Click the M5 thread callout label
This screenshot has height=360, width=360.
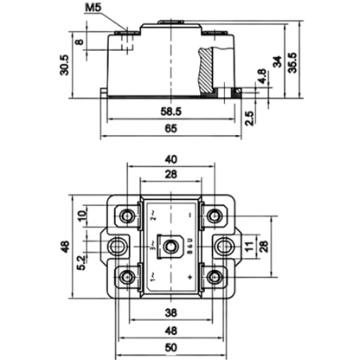(x=93, y=8)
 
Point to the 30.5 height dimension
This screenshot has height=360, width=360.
(x=64, y=65)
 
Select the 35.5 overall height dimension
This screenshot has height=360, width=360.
(x=292, y=62)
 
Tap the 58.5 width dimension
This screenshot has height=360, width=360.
(x=171, y=112)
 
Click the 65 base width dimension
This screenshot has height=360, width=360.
(x=170, y=128)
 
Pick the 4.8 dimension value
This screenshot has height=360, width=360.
(x=261, y=76)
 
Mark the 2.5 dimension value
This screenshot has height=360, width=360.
(x=249, y=118)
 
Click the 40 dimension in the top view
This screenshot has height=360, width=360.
(x=170, y=159)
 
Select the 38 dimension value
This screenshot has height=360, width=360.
(x=170, y=312)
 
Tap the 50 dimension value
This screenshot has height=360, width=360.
(x=170, y=348)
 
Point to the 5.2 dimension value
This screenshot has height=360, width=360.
(x=81, y=262)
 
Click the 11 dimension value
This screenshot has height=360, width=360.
(x=250, y=246)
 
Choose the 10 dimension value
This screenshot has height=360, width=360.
(x=82, y=215)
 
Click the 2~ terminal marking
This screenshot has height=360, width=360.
(x=153, y=215)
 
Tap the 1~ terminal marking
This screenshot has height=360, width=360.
(x=153, y=277)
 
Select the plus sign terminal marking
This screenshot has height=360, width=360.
(x=190, y=278)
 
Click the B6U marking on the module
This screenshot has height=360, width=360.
(x=190, y=246)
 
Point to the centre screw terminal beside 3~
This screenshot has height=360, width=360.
(x=170, y=247)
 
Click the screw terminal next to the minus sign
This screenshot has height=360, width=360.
(x=214, y=215)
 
